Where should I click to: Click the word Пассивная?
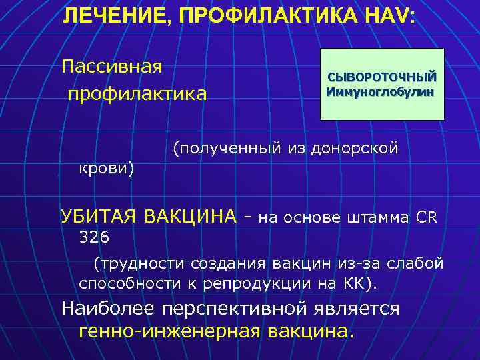[x=112, y=67]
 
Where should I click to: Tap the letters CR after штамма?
[x=427, y=216]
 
